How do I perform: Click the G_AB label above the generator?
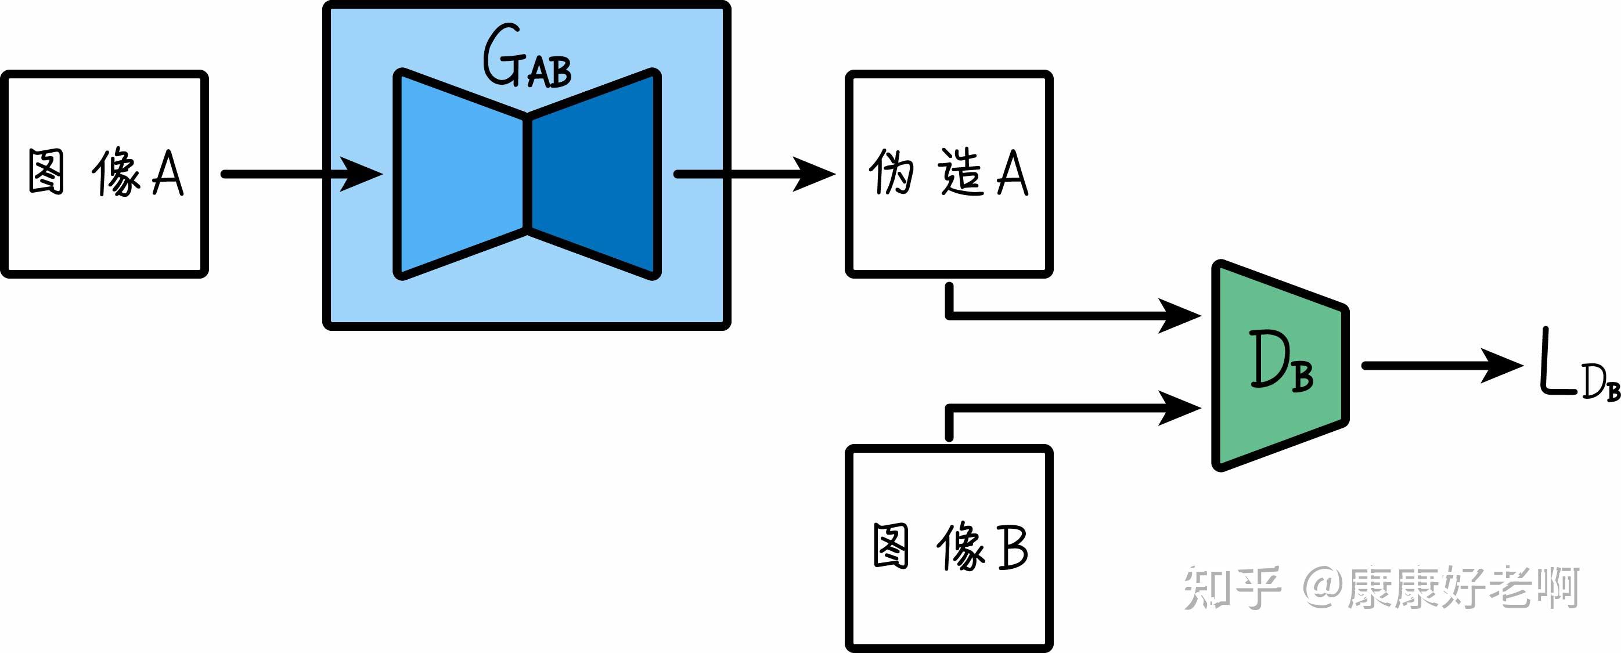527,58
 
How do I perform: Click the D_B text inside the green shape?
1281,362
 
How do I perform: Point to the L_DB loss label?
1576,368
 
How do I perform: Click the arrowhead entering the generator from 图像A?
362,174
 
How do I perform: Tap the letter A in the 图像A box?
168,173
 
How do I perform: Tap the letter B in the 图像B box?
1013,547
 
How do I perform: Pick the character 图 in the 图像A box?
46,172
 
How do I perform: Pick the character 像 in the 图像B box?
960,547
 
